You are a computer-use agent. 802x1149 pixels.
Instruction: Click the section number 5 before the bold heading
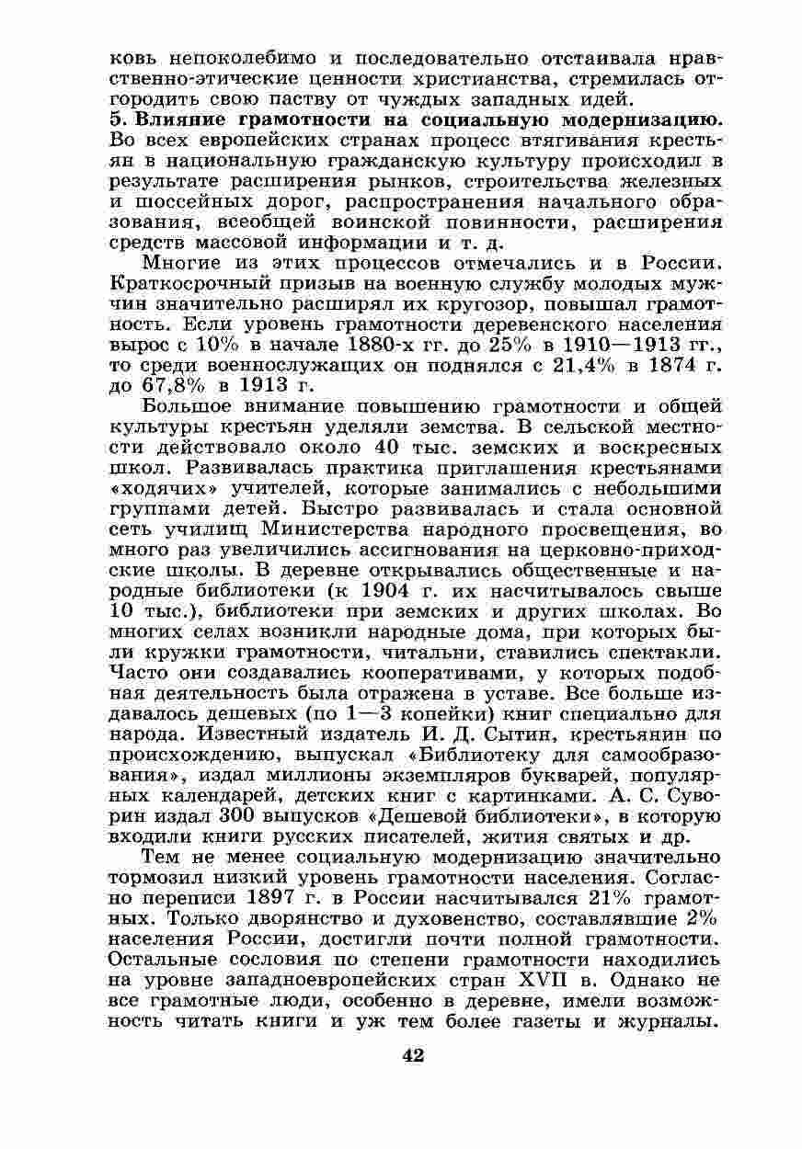[115, 119]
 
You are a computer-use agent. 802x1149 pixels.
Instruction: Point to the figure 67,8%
[150, 384]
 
